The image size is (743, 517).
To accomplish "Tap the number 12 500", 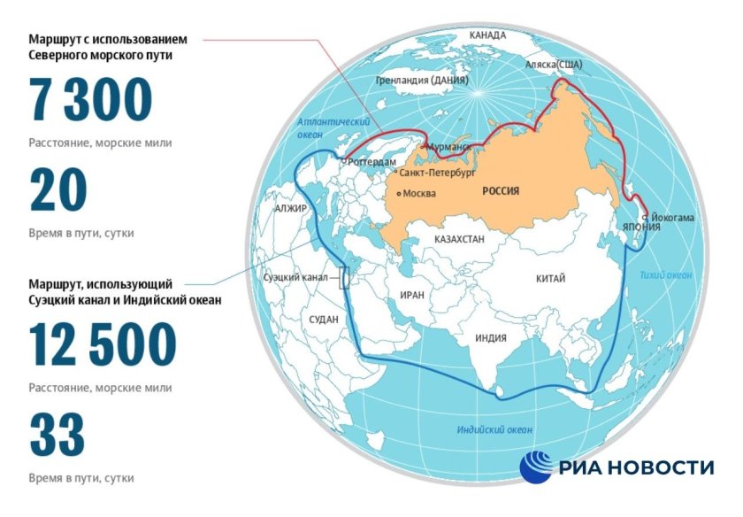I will (x=103, y=344).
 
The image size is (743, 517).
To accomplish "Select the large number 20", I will (x=58, y=191).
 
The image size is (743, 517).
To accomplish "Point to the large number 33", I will (x=57, y=436).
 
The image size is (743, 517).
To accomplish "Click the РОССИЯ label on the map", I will (x=501, y=191).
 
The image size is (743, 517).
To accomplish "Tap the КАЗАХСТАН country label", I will (x=464, y=240).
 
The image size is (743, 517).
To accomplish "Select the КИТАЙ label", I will (x=550, y=279).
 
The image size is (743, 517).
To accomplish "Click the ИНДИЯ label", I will (x=490, y=338).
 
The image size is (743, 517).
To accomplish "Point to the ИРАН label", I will (x=412, y=296).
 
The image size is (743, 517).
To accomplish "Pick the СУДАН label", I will (x=324, y=319).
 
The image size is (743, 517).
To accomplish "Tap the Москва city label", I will (x=419, y=193).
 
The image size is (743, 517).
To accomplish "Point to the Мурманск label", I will (x=448, y=145).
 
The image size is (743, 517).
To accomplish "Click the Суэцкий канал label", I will (x=295, y=277).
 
